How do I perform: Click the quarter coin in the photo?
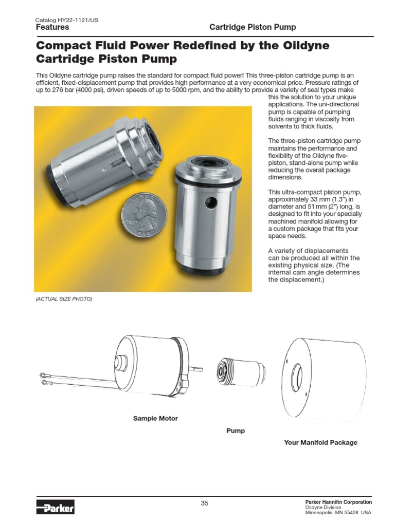pyautogui.click(x=143, y=217)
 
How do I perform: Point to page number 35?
pyautogui.click(x=205, y=503)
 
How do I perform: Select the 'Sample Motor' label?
pyautogui.click(x=155, y=419)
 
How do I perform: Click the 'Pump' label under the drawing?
pyautogui.click(x=236, y=431)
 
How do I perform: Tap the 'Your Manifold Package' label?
pyautogui.click(x=320, y=442)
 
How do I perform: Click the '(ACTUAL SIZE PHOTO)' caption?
pyautogui.click(x=64, y=299)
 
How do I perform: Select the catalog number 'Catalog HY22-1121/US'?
pyautogui.click(x=67, y=20)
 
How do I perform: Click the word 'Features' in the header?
pyautogui.click(x=52, y=27)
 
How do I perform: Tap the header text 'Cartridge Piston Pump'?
pyautogui.click(x=253, y=27)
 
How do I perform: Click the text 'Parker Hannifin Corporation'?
pyautogui.click(x=338, y=502)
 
